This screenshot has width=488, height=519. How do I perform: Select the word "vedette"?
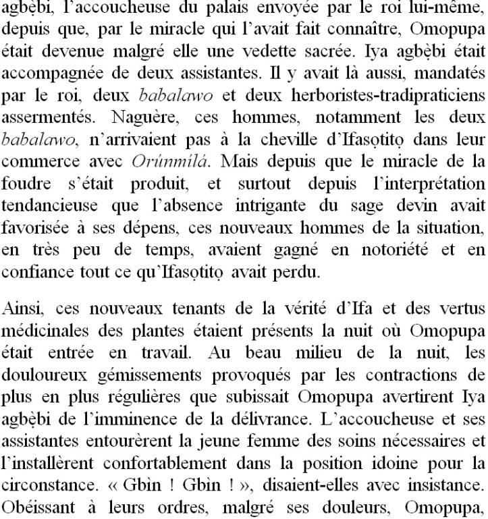316,49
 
